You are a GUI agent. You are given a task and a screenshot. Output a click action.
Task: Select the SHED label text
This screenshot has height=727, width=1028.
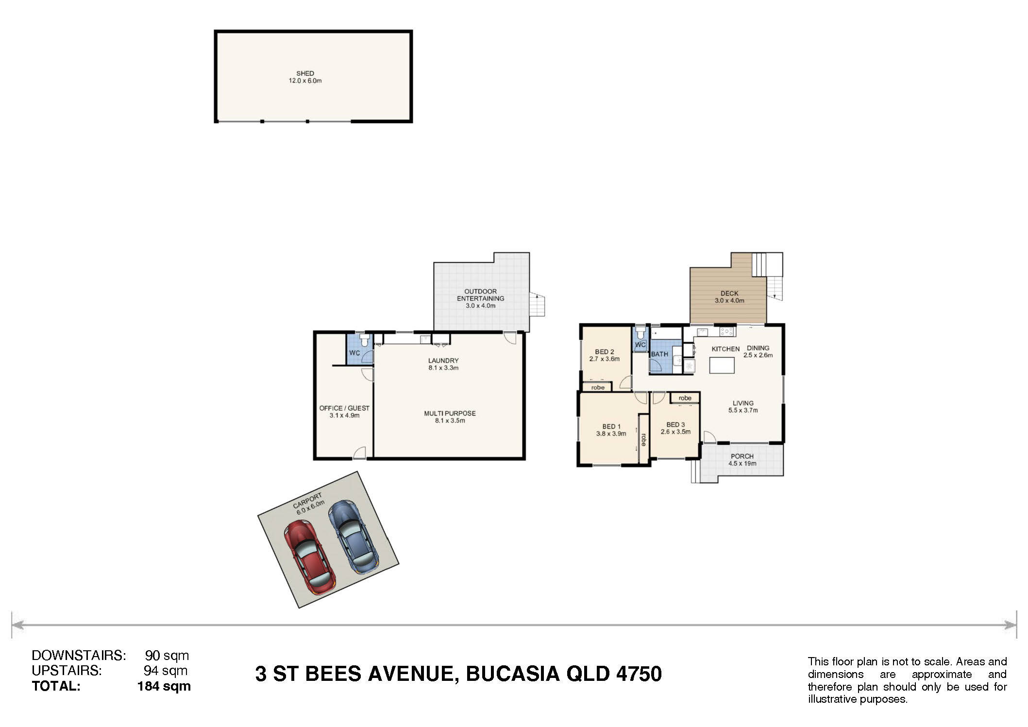(305, 73)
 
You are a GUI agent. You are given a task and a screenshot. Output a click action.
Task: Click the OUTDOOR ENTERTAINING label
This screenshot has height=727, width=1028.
(480, 295)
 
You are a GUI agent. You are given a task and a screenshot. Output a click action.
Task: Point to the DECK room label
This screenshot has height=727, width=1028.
(729, 293)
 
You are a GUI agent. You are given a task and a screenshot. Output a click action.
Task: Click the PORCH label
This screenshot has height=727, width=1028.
(742, 456)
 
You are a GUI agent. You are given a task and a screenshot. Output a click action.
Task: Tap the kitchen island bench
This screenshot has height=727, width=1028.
(722, 365)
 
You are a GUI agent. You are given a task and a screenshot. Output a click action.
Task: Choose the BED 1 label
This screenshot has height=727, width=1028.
(611, 426)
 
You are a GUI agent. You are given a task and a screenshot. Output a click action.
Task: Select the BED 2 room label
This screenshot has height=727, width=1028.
(605, 352)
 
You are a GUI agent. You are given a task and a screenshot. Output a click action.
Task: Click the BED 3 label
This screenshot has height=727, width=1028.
(675, 424)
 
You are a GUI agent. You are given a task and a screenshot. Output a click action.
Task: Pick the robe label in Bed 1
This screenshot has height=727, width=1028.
(643, 440)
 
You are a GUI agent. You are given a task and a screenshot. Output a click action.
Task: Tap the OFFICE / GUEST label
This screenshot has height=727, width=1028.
(344, 408)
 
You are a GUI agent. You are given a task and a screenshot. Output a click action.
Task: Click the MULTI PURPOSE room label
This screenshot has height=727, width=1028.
(450, 413)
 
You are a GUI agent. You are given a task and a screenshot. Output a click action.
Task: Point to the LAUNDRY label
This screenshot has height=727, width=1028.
(443, 360)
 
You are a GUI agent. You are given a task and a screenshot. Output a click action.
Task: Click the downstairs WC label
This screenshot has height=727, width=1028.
(354, 353)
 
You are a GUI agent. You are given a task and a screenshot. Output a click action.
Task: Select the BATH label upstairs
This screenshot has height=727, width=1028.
(659, 354)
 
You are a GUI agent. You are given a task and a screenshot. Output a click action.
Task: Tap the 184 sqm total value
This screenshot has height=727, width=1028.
(164, 686)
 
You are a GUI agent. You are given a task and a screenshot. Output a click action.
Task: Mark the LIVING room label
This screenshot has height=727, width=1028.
(743, 403)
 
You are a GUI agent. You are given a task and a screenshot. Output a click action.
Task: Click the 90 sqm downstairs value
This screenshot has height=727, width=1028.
(167, 656)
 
